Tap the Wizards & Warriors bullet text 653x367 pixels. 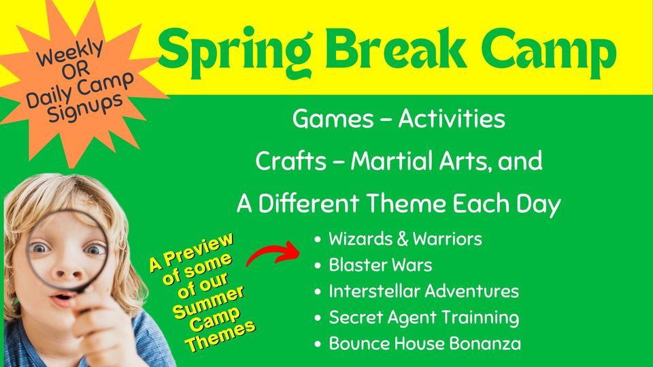(405, 239)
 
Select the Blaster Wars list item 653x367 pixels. (380, 265)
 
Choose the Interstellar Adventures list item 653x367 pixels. (423, 292)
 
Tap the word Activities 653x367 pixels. (452, 120)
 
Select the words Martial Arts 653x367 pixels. (439, 162)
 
